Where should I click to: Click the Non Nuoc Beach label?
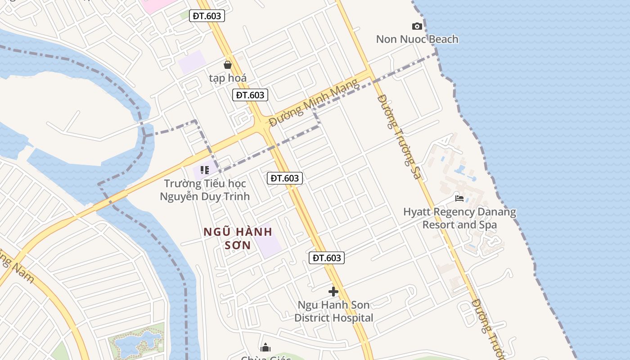[x=417, y=39]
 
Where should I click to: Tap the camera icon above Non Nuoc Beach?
[x=417, y=27]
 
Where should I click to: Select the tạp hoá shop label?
[x=228, y=78]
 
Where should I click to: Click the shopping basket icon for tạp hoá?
[x=228, y=65]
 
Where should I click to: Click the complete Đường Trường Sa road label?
[x=400, y=137]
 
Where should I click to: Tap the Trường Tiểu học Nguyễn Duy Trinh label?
[x=205, y=190]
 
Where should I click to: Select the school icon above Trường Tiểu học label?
[x=205, y=170]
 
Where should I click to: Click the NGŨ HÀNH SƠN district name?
[x=238, y=238]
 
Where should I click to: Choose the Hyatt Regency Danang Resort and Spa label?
[x=459, y=218]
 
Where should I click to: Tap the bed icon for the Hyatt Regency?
[x=459, y=198]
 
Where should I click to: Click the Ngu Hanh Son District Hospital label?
[x=333, y=311]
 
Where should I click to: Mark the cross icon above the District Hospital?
[x=333, y=292]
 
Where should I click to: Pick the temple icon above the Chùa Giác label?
[x=265, y=347]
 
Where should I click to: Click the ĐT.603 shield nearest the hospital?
[x=327, y=258]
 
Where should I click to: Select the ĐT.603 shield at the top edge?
[x=207, y=16]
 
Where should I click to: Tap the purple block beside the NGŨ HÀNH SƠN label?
[x=269, y=241]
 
